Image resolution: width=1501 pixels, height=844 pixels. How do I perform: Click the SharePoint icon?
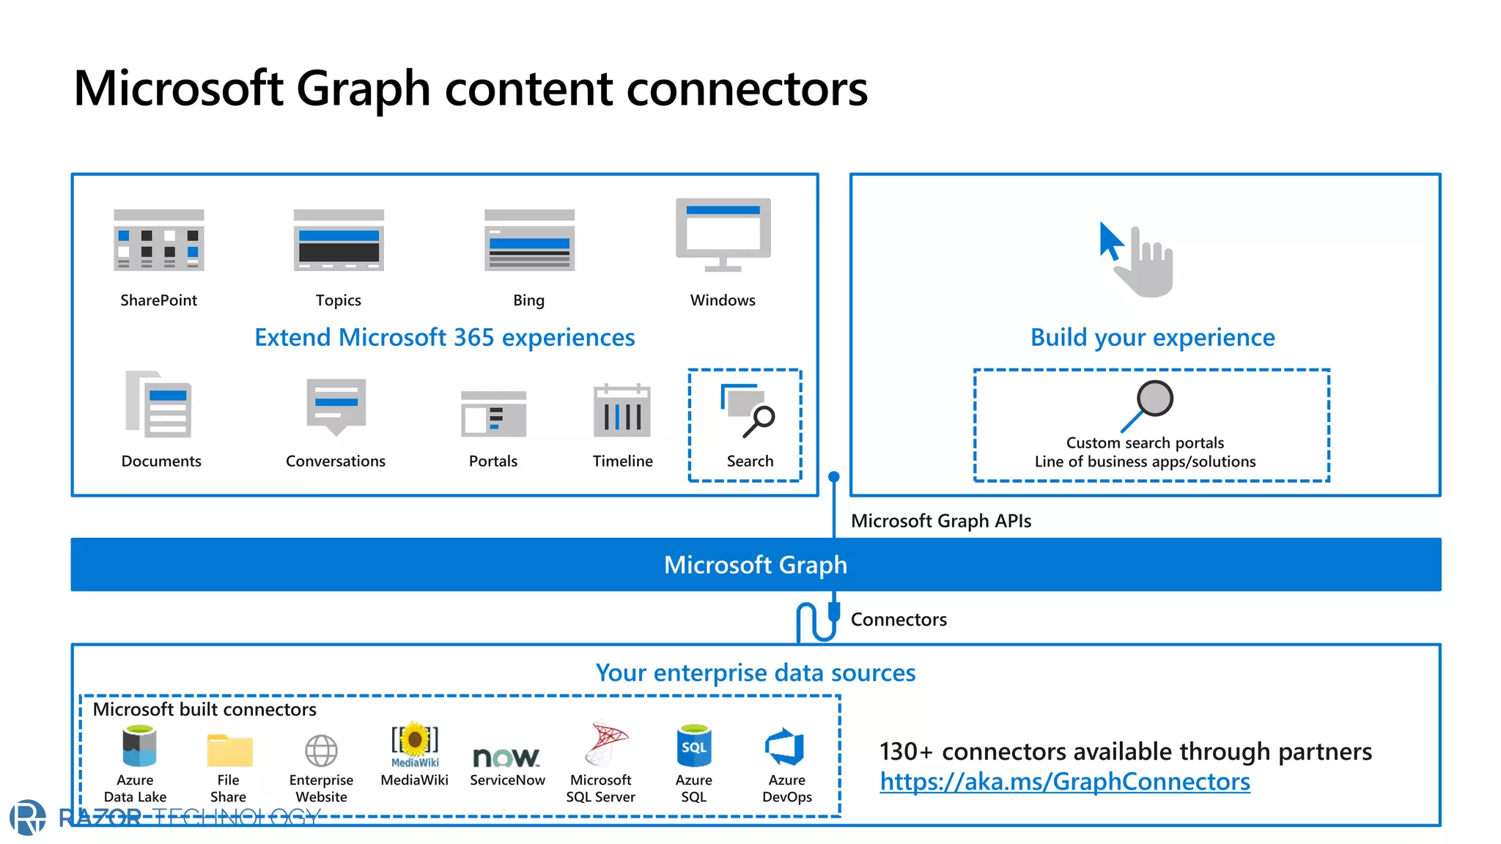coord(158,240)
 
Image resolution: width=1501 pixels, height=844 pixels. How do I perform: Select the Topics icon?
coord(339,240)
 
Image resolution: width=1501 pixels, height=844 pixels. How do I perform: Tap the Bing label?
coord(528,300)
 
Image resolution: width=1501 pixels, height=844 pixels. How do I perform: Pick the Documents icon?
coord(159,404)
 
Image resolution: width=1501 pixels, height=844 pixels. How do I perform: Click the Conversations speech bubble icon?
coord(336,406)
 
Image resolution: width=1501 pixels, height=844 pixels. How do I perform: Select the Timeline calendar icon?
coord(622,410)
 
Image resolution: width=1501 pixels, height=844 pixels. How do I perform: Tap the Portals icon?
coord(493,414)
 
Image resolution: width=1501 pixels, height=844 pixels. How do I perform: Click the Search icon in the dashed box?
coord(748,411)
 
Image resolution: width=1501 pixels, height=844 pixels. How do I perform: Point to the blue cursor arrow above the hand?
coord(1110,240)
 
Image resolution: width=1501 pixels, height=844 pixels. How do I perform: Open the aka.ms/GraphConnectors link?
coord(1065,782)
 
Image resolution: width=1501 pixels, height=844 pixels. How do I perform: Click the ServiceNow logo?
coord(506,757)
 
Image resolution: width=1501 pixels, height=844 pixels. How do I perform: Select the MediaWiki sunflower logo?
coord(415,741)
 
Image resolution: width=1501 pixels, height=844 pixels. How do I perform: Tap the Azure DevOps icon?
coord(786,747)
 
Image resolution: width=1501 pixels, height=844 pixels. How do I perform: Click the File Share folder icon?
coord(229,750)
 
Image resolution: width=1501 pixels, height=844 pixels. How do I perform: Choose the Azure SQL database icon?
coord(693,746)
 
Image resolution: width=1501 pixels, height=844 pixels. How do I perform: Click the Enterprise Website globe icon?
coord(321,751)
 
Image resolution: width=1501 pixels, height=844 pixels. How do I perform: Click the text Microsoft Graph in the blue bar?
coord(755,565)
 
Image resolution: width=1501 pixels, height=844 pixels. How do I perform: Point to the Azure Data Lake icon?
coord(139,746)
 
